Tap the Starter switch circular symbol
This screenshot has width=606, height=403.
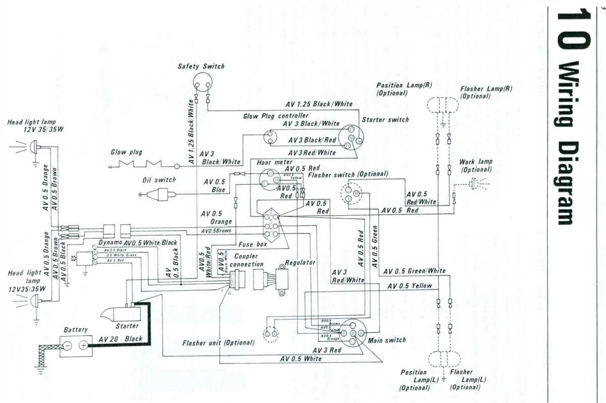click(350, 137)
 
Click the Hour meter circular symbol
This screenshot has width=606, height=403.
click(269, 178)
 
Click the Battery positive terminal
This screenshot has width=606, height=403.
click(84, 345)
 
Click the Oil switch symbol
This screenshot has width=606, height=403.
click(163, 194)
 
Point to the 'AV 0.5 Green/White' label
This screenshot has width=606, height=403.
click(414, 271)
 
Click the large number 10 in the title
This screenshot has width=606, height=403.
click(572, 30)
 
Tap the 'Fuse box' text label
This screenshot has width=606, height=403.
click(252, 244)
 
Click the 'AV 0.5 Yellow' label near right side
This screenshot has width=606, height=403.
click(410, 286)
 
